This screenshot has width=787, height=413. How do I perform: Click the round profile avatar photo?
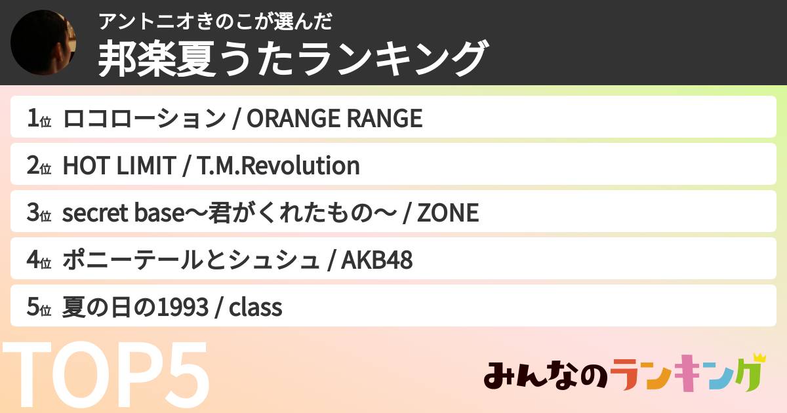44,43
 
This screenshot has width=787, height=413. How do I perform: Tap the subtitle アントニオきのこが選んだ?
216,22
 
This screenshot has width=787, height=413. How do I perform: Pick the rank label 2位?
39,166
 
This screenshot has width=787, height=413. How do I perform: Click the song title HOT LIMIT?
118,166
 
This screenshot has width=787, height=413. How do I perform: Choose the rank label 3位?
39,213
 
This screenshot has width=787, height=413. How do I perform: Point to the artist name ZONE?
448,213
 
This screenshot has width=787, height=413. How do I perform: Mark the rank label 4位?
39,260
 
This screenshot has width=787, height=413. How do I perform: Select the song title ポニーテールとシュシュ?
190,260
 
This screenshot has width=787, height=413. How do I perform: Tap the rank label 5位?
39,307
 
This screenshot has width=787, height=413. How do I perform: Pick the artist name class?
255,307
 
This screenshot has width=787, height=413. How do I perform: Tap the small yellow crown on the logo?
759,359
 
